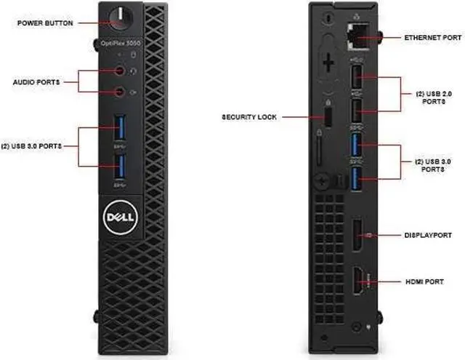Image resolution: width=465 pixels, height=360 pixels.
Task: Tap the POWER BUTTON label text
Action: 46,23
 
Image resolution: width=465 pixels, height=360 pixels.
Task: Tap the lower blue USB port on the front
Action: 120,164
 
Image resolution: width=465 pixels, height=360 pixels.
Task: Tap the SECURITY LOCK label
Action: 249,116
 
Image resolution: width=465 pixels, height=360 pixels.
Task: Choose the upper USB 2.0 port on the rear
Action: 356,77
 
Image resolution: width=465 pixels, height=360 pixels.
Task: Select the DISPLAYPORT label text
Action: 428,236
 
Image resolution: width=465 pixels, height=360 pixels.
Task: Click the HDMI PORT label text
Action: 425,281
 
